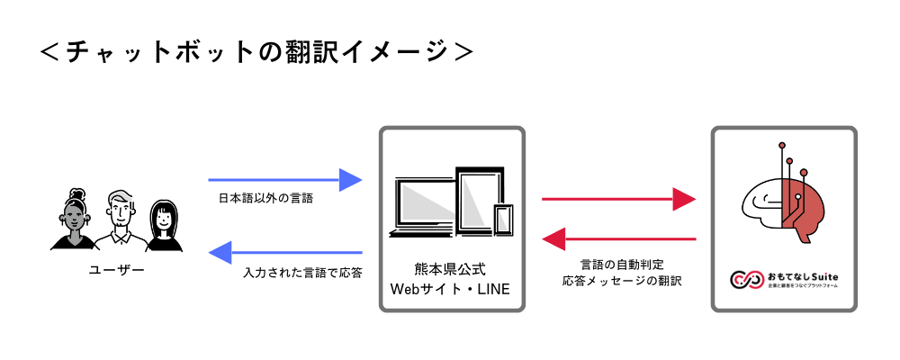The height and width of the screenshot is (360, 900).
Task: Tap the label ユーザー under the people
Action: click(116, 269)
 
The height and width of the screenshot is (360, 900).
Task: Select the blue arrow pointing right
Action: click(284, 180)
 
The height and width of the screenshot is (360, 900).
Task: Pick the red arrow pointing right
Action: click(618, 199)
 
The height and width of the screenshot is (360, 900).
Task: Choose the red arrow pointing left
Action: click(618, 239)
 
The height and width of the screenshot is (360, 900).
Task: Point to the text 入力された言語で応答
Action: click(302, 271)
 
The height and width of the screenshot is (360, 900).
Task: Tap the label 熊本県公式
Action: click(451, 269)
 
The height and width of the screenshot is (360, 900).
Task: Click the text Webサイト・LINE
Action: click(451, 289)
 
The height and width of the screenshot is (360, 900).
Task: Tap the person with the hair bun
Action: click(73, 220)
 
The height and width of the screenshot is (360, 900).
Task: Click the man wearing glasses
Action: click(120, 220)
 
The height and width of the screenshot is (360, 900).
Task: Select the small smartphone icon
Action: click(503, 220)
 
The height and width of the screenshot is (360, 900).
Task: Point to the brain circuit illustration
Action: click(783, 198)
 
